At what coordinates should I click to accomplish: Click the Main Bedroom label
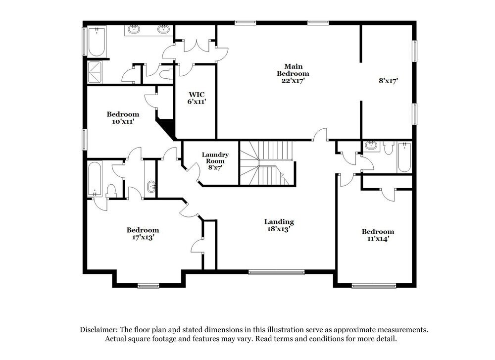(x=293, y=70)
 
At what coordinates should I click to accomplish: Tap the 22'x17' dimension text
(x=293, y=81)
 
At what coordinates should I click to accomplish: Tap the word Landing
(x=279, y=222)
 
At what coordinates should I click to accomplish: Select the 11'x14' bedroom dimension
(x=378, y=239)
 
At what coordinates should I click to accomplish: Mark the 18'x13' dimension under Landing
(x=279, y=229)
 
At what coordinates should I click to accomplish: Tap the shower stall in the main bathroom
(x=96, y=72)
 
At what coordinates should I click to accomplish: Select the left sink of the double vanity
(x=134, y=30)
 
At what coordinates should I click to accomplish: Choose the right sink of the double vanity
(x=163, y=30)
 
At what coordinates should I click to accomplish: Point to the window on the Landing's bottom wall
(x=276, y=271)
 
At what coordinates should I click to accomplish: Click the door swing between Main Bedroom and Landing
(x=321, y=135)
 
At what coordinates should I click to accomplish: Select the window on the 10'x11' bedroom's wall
(x=84, y=138)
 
